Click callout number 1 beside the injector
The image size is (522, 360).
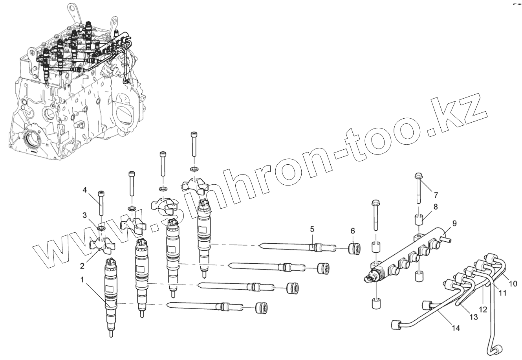(x=82, y=280)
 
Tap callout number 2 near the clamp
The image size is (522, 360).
(x=82, y=266)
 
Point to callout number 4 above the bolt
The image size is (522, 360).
(x=84, y=191)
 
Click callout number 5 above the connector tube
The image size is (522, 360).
(x=312, y=228)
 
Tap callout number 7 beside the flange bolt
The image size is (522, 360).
(x=436, y=195)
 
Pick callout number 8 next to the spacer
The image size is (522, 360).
(x=436, y=206)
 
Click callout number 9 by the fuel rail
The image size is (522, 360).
(x=454, y=223)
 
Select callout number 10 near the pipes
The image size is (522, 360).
(x=513, y=283)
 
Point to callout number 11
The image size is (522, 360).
(x=502, y=293)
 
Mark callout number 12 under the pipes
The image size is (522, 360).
(x=484, y=309)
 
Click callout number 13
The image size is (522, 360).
(x=473, y=316)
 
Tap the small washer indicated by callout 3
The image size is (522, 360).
(x=101, y=228)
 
